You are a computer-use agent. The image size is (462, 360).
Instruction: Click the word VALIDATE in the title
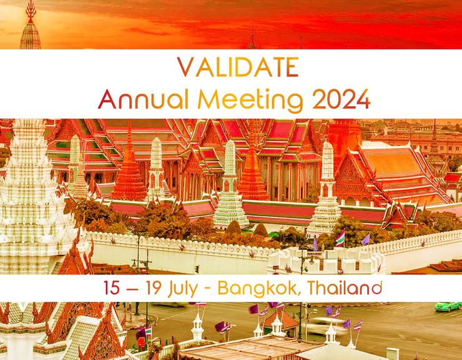point(232,67)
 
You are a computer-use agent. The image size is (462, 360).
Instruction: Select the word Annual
point(133,98)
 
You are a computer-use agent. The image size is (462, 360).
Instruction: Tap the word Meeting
point(241,98)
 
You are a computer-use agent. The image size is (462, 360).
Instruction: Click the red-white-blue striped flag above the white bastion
point(340,238)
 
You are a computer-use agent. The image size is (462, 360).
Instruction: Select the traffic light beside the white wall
point(196,269)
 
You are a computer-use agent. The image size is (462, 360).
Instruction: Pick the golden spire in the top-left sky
point(30,28)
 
